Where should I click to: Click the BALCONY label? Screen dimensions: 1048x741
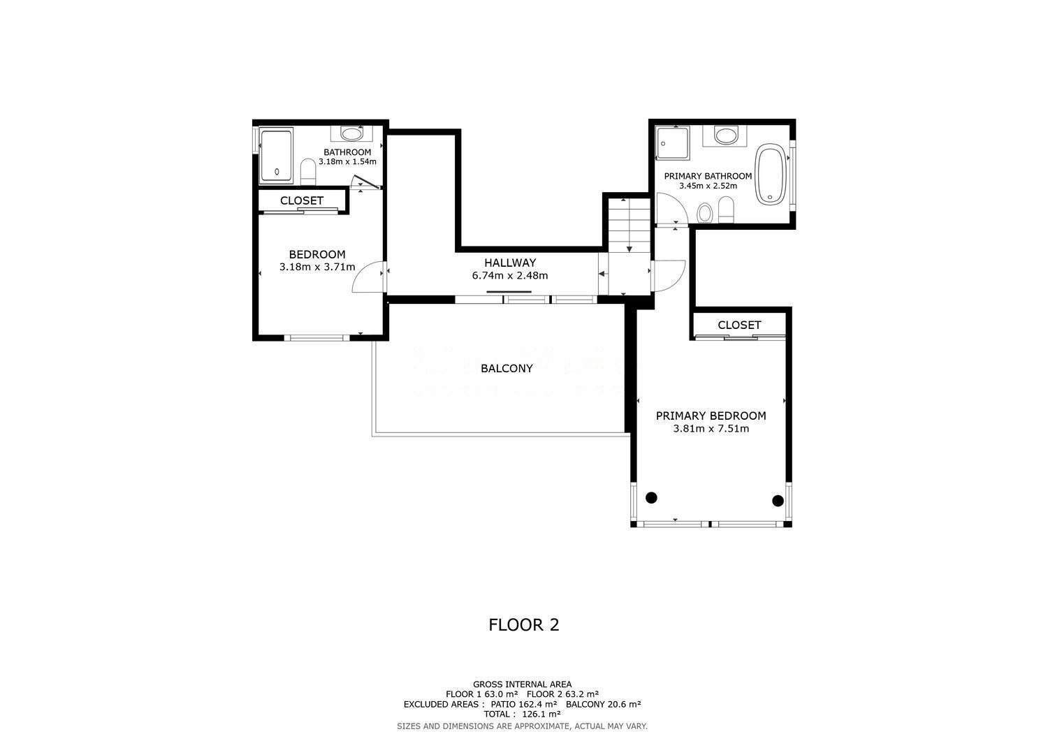(507, 369)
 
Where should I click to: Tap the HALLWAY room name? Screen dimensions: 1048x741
(510, 263)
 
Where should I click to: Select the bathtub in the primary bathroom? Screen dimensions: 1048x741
(771, 174)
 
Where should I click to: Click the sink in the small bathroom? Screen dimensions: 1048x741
(351, 134)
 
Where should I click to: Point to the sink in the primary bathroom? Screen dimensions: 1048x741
(725, 135)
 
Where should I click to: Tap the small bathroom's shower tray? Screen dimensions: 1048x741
(276, 156)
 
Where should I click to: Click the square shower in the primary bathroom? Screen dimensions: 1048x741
(672, 142)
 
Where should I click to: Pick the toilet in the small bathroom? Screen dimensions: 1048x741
(308, 172)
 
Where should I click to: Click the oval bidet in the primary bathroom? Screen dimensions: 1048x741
(704, 213)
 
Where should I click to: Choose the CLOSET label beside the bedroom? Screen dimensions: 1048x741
(302, 200)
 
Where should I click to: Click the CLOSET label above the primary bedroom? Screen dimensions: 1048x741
(739, 325)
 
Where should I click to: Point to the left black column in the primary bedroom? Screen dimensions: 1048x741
(651, 498)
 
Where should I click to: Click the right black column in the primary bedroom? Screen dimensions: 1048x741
(778, 501)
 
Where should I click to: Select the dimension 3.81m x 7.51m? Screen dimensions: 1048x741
(711, 429)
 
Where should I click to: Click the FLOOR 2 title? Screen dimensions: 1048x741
(523, 625)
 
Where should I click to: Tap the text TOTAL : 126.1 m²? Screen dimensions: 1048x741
(522, 714)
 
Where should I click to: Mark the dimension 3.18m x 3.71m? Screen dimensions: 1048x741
(317, 267)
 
